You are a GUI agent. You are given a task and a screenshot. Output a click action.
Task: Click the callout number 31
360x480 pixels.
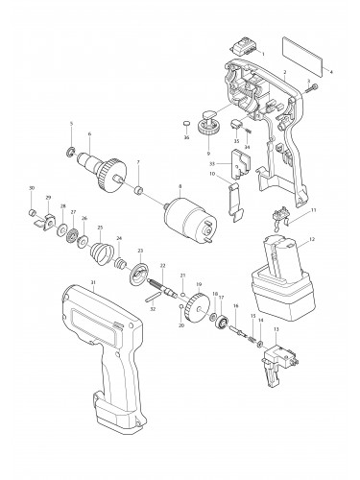[x=93, y=281]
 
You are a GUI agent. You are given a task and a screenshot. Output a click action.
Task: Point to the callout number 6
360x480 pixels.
[x=89, y=133]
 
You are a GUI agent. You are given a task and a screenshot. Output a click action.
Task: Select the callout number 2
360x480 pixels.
[x=284, y=73]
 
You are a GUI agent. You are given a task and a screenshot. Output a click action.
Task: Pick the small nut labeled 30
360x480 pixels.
[x=31, y=204]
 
